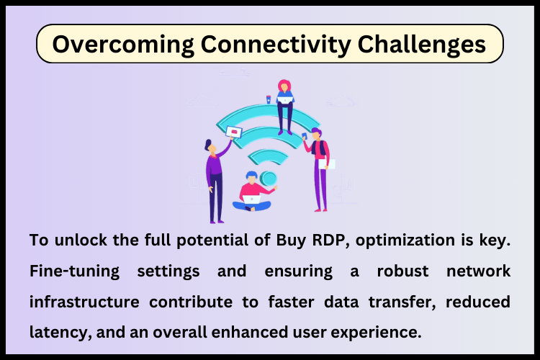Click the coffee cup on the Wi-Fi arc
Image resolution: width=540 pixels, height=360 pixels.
pyautogui.click(x=269, y=99)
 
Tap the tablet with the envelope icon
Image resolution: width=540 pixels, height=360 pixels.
pyautogui.click(x=234, y=132)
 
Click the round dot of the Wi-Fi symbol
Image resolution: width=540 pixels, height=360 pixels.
pyautogui.click(x=269, y=178)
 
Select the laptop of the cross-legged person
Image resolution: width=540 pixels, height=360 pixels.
pyautogui.click(x=251, y=199)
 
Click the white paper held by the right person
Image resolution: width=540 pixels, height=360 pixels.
pyautogui.click(x=326, y=163)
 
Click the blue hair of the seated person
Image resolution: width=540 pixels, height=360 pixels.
pyautogui.click(x=251, y=175)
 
